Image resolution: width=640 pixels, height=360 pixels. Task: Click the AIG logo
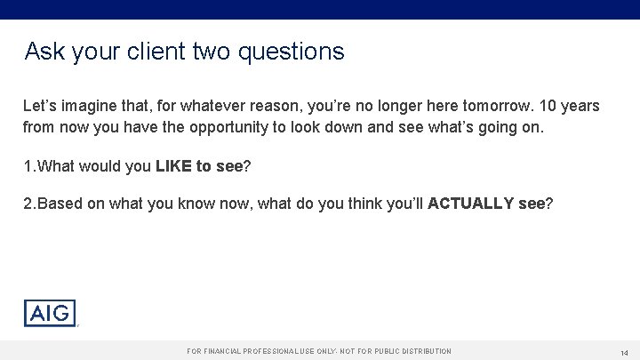click(x=50, y=313)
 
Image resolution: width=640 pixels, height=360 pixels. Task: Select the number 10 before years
click(x=548, y=106)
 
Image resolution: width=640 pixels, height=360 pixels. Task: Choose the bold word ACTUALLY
click(x=470, y=204)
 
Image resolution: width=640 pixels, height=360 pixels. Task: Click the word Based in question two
click(x=57, y=204)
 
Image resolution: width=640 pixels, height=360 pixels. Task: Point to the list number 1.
click(x=28, y=165)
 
